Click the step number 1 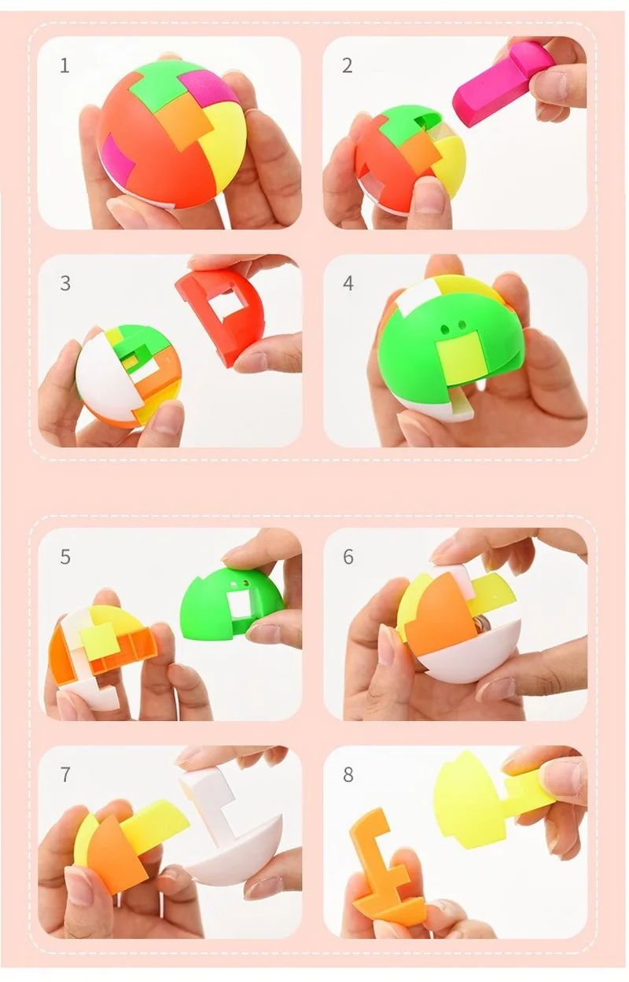[65, 66]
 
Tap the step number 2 [348, 66]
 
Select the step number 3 [65, 283]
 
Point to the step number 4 [348, 283]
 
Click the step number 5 [65, 557]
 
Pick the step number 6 [348, 557]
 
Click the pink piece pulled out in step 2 [500, 83]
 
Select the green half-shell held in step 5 [232, 601]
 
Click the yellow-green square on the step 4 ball [459, 359]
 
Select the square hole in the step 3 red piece [223, 304]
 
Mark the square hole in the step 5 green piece [241, 603]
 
